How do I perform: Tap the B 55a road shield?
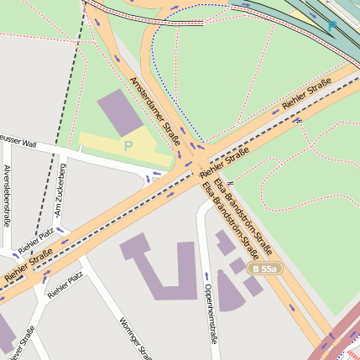click(265, 269)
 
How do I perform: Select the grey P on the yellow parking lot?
click(128, 146)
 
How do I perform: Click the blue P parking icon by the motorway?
click(332, 25)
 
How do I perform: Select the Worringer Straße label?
click(134, 336)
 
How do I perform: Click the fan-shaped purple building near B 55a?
click(228, 290)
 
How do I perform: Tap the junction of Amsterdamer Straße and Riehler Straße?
click(195, 159)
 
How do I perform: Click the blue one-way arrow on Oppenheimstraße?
click(206, 275)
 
